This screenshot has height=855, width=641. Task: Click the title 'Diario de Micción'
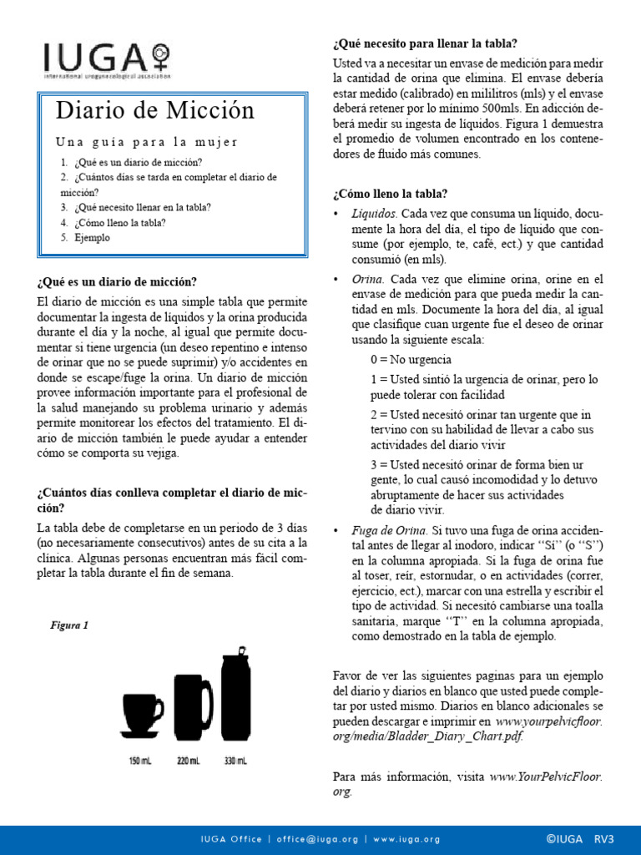(x=154, y=110)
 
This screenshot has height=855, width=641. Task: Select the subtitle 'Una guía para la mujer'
(x=147, y=141)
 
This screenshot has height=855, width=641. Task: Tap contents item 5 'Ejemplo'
(x=91, y=238)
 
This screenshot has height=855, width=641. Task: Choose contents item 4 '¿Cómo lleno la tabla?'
(x=119, y=223)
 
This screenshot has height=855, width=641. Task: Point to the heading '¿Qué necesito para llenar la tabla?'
(x=425, y=43)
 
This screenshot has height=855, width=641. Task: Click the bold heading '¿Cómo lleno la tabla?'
(x=390, y=194)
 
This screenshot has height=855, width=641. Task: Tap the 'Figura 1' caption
(x=69, y=625)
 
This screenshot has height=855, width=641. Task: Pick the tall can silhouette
(x=236, y=696)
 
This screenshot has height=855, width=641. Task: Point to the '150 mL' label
(x=140, y=761)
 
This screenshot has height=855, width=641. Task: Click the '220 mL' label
(x=189, y=761)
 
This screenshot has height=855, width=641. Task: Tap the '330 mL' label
(x=236, y=761)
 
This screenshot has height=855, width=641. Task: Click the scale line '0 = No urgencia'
(x=411, y=360)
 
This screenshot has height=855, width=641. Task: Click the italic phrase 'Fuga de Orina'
(x=388, y=530)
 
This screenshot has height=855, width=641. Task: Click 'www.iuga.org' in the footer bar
(x=406, y=839)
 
